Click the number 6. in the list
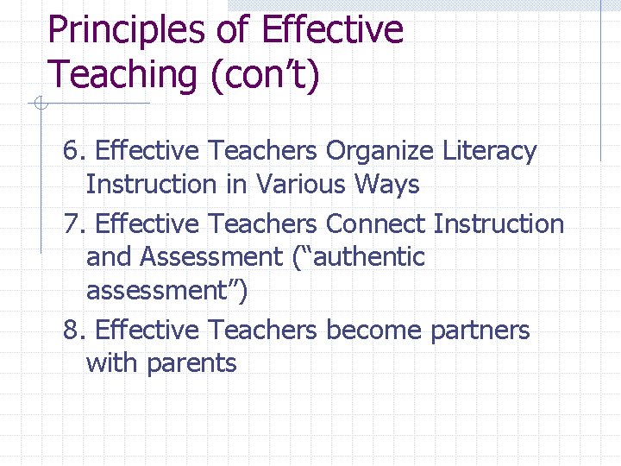coord(75,151)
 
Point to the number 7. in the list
coord(75,224)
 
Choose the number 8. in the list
coord(75,330)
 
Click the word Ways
coord(389,185)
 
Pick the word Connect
coord(375,224)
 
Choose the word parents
coord(191,363)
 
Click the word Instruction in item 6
coord(152,185)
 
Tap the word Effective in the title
coord(331,31)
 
